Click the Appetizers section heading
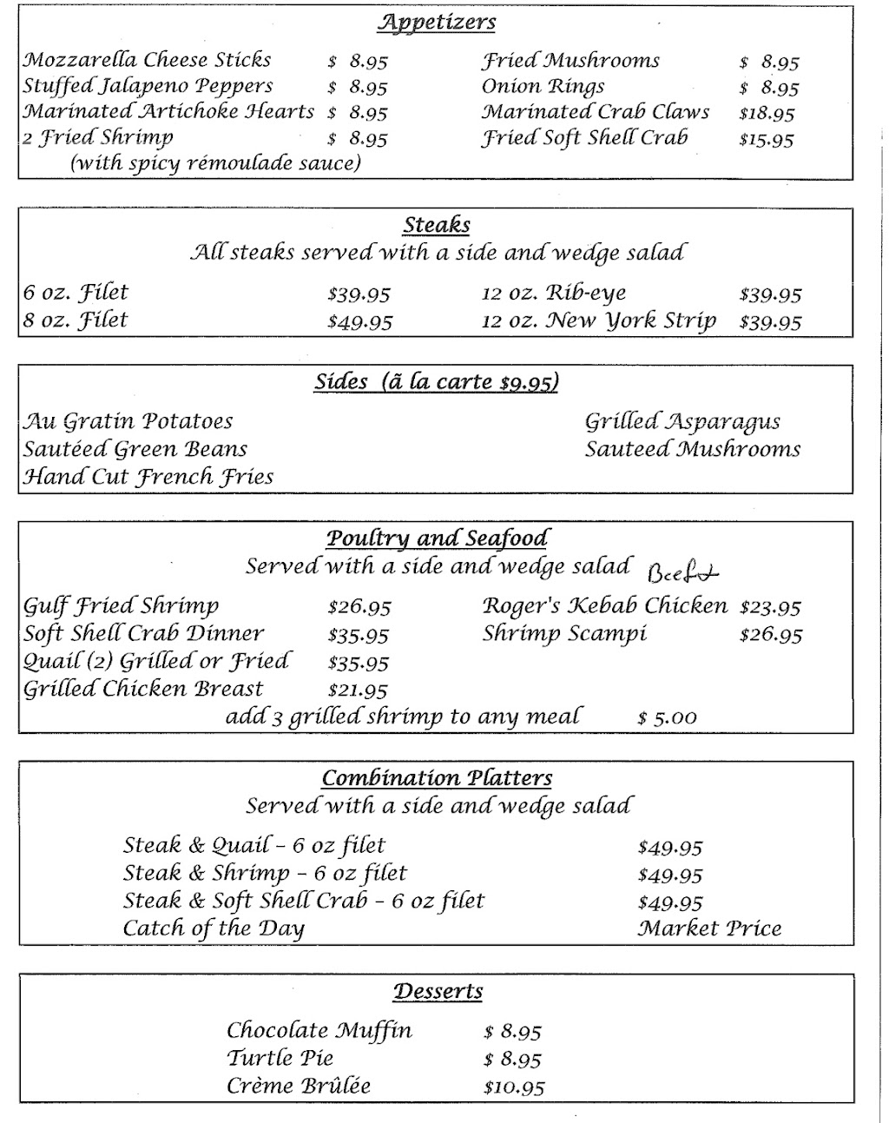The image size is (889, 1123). (x=437, y=23)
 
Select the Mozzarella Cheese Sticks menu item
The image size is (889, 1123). (x=147, y=60)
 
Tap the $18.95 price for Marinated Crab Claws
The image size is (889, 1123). (x=767, y=113)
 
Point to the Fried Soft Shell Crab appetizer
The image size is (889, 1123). (x=584, y=138)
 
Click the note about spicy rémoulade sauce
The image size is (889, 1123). (x=215, y=163)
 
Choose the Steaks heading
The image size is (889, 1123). (x=437, y=225)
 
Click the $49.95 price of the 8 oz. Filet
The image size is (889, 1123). (x=359, y=321)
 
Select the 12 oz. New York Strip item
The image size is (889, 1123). (x=599, y=321)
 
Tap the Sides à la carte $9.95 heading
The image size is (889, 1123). (x=437, y=382)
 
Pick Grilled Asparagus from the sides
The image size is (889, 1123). (x=682, y=422)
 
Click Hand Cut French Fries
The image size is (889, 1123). (x=148, y=477)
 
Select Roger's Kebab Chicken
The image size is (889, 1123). (x=605, y=606)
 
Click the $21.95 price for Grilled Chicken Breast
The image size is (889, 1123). (x=358, y=690)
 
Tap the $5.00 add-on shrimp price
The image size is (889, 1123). (x=667, y=718)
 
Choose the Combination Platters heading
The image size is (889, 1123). (x=437, y=778)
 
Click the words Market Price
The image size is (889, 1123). (x=709, y=929)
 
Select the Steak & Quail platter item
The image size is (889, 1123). (x=254, y=846)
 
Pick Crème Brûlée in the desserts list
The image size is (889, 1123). (x=299, y=1086)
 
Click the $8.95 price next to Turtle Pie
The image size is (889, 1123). (x=512, y=1060)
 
